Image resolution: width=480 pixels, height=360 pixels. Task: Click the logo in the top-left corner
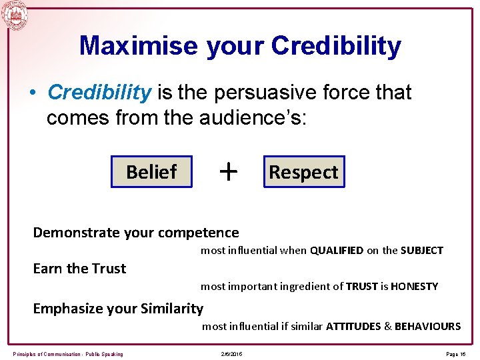pyautogui.click(x=15, y=15)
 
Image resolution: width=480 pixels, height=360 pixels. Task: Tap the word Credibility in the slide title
pyautogui.click(x=336, y=46)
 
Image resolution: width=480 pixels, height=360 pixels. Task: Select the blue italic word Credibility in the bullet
pyautogui.click(x=99, y=92)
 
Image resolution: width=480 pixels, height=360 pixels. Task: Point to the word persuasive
pyautogui.click(x=269, y=92)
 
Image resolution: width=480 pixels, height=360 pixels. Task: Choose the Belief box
pyautogui.click(x=151, y=172)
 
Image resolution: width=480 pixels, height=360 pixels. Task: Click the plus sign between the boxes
pyautogui.click(x=228, y=172)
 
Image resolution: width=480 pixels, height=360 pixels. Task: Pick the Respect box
pyautogui.click(x=303, y=172)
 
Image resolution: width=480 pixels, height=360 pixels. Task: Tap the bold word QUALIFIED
pyautogui.click(x=337, y=251)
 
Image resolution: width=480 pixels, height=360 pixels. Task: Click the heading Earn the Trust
pyautogui.click(x=79, y=269)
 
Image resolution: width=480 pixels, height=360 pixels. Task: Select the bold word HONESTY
pyautogui.click(x=414, y=287)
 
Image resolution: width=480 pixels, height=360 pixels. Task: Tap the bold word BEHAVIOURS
pyautogui.click(x=427, y=327)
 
